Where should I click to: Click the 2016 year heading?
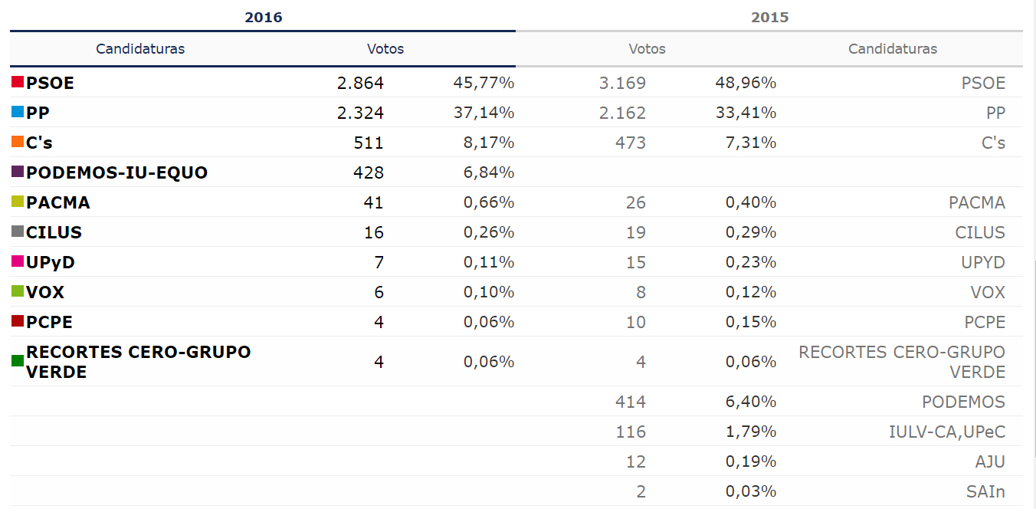(x=263, y=17)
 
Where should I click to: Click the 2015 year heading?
(x=769, y=17)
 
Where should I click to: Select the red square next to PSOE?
(x=18, y=82)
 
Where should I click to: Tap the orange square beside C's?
(x=18, y=142)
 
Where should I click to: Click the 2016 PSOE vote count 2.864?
(x=360, y=83)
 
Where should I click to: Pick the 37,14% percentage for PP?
(x=484, y=113)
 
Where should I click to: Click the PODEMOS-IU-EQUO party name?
(x=116, y=172)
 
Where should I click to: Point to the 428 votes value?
(x=369, y=172)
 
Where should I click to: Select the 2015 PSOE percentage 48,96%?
(x=746, y=83)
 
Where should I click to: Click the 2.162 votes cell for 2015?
(x=622, y=113)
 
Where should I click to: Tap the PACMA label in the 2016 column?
(x=58, y=202)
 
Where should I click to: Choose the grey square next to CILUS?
(x=18, y=232)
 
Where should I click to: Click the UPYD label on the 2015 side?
(x=983, y=262)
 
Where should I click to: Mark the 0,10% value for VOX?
(x=489, y=292)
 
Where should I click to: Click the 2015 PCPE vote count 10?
(x=636, y=322)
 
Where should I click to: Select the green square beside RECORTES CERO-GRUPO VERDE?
(x=18, y=360)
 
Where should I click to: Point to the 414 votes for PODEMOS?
(x=631, y=402)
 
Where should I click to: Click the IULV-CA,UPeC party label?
(x=947, y=432)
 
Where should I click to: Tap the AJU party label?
(x=989, y=461)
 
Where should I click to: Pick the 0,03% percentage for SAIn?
(x=751, y=491)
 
